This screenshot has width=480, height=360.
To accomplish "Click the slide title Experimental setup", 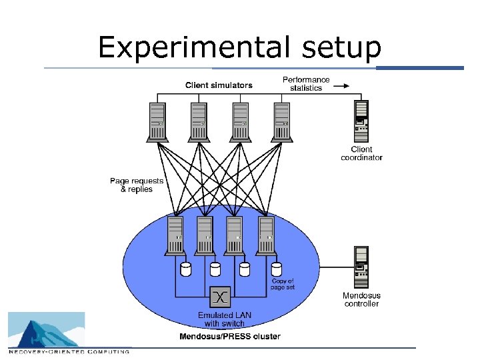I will pos(239,47).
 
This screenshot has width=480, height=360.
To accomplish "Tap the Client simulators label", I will pos(219,85).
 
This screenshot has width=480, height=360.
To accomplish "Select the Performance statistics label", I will pos(306,84).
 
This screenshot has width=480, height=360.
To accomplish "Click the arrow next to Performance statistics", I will pos(341,86).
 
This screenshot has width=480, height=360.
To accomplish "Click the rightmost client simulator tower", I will pos(282,121).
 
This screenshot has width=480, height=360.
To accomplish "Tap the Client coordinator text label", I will pos(361,153).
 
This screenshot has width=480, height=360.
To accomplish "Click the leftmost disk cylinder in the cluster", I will pos(186,269).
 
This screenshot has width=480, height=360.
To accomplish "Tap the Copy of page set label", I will pos(283,284).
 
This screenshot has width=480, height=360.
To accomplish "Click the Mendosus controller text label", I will pos(361,299).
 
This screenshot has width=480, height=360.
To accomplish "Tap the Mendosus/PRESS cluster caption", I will pos(230,337).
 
